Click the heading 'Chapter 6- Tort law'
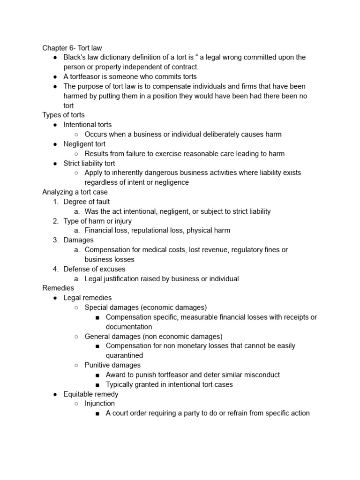tap(72, 48)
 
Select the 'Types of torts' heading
tap(63, 115)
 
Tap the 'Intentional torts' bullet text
tap(88, 125)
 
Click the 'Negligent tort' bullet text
tap(84, 144)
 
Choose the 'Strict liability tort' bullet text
tap(89, 163)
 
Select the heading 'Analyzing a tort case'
tap(75, 192)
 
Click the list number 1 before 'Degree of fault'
tap(55, 202)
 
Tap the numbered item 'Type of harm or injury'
tap(97, 221)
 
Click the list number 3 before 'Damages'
tap(55, 240)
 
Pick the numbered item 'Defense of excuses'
tap(94, 269)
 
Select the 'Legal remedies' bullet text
tap(88, 298)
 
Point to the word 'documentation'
tap(129, 327)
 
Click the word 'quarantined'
tap(124, 355)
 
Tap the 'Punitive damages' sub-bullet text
tap(112, 365)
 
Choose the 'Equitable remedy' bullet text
tap(91, 394)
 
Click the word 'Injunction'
tap(99, 404)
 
